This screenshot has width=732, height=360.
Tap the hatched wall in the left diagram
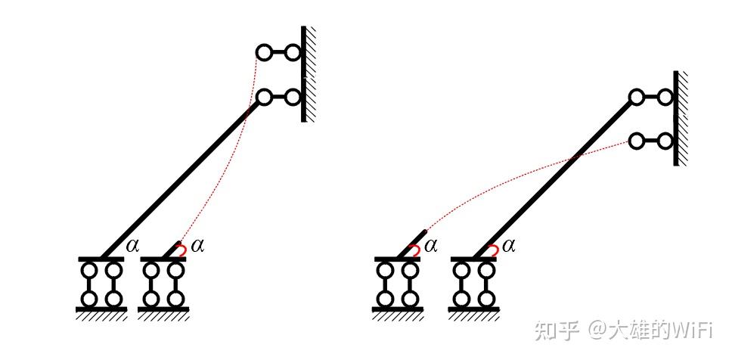(x=309, y=73)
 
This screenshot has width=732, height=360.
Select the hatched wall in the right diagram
(x=680, y=118)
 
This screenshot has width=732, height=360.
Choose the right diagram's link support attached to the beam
(x=650, y=97)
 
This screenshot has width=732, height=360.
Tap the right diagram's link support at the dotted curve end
(x=650, y=141)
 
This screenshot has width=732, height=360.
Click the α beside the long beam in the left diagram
(x=133, y=244)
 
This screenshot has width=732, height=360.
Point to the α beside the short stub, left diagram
(x=197, y=244)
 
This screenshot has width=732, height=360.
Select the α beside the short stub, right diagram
(x=430, y=244)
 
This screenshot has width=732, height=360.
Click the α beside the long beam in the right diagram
(x=507, y=244)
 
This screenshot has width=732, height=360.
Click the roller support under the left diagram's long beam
(x=101, y=284)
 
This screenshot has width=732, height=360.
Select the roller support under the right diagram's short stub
(x=398, y=284)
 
